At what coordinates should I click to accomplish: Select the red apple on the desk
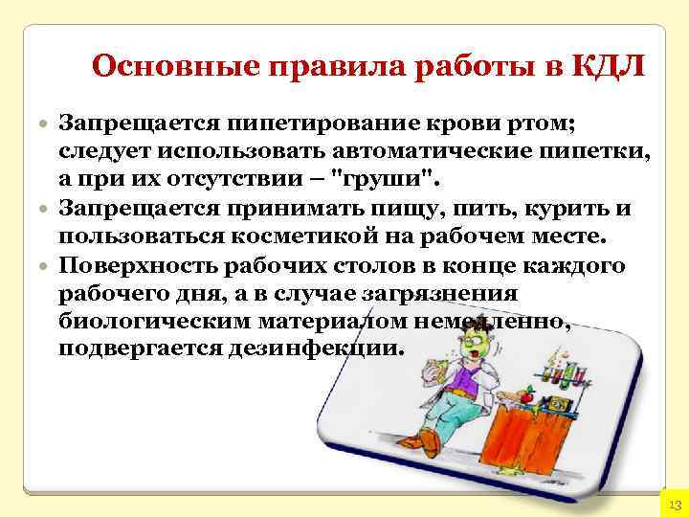[528, 393]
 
